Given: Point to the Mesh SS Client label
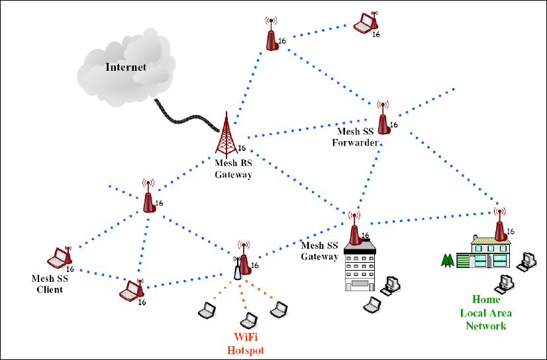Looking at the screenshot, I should pos(50,284).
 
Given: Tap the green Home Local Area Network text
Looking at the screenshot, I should pos(485,312).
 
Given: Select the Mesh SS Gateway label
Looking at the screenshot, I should pos(320,251).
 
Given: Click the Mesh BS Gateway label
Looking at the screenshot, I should pos(233,169).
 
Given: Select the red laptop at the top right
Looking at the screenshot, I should pos(364,24).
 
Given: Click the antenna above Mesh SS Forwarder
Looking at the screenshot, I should pos(383,118).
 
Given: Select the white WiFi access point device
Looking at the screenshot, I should pos(237,269).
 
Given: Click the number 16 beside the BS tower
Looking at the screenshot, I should pos(242,148).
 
